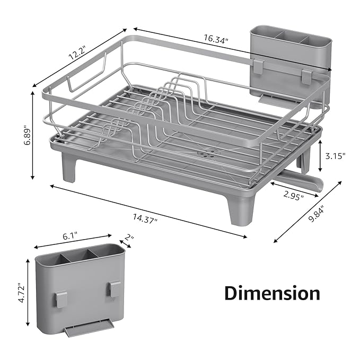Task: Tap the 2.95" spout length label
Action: (293, 197)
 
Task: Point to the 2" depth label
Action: (129, 238)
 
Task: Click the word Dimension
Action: (272, 293)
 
